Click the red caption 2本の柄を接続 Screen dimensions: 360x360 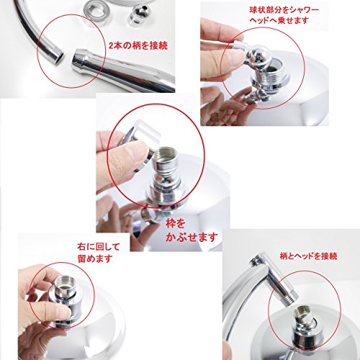click(138, 45)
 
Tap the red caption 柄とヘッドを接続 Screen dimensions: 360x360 click(309, 256)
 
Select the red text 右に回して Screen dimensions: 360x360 click(99, 247)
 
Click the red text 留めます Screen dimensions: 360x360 click(95, 258)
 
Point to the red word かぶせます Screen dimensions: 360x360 click(192, 237)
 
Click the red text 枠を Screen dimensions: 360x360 click(176, 224)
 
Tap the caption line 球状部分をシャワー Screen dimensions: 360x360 click(284, 10)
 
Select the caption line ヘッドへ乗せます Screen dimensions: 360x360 click(279, 21)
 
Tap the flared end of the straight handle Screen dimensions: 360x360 click(81, 60)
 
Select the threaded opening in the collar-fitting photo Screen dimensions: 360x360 click(165, 154)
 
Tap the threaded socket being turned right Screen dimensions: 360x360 click(65, 285)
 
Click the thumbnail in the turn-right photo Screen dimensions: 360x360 click(60, 312)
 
